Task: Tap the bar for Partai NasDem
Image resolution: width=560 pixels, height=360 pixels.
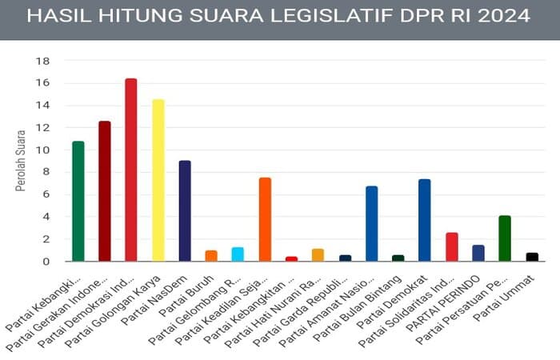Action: tap(185, 211)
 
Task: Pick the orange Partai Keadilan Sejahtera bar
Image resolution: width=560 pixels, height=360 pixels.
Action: tap(265, 219)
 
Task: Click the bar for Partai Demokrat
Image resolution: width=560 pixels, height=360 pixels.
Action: tap(425, 220)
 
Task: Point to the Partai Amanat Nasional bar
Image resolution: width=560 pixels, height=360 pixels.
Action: tap(371, 224)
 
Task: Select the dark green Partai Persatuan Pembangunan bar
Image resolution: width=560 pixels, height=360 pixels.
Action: tap(505, 238)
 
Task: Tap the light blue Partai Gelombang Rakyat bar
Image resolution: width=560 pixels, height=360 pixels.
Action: tap(238, 254)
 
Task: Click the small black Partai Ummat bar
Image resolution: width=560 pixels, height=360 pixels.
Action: tap(532, 257)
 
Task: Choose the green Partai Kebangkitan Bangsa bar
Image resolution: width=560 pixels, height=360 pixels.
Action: tap(78, 201)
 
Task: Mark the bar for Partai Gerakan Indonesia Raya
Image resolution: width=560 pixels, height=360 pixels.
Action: tap(105, 191)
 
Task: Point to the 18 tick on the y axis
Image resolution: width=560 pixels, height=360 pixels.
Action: tap(45, 61)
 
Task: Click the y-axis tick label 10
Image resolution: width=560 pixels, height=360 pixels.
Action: tap(45, 150)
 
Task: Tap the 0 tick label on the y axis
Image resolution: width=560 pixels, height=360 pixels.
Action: tap(47, 262)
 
